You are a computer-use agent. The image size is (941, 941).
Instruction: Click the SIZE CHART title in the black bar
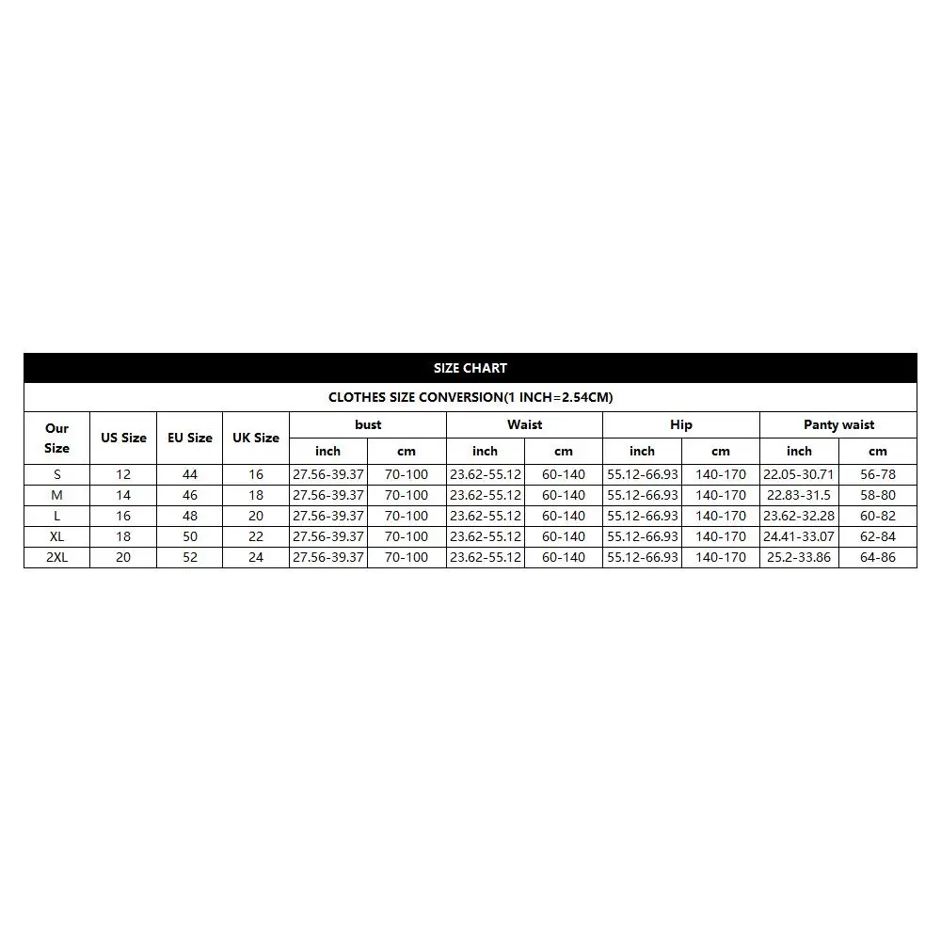pyautogui.click(x=470, y=368)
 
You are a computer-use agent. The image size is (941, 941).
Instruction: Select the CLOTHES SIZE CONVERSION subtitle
pyautogui.click(x=470, y=397)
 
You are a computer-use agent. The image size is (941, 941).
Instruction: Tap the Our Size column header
pyautogui.click(x=56, y=438)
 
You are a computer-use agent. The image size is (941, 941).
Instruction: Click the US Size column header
pyautogui.click(x=123, y=438)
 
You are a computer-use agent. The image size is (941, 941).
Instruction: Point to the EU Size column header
pyautogui.click(x=190, y=438)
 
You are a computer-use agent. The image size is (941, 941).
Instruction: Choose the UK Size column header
pyautogui.click(x=256, y=438)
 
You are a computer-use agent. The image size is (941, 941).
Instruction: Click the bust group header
pyautogui.click(x=368, y=424)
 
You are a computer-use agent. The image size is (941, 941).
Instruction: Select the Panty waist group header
pyautogui.click(x=838, y=424)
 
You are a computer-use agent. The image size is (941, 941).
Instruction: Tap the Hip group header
pyautogui.click(x=681, y=424)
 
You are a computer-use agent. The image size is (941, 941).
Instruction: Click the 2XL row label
pyautogui.click(x=56, y=557)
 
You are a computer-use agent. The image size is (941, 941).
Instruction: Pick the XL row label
pyautogui.click(x=56, y=536)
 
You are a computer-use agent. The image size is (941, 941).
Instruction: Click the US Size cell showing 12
pyautogui.click(x=123, y=474)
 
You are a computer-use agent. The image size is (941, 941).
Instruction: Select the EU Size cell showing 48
pyautogui.click(x=190, y=516)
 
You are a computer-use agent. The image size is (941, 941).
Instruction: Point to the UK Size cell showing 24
pyautogui.click(x=256, y=557)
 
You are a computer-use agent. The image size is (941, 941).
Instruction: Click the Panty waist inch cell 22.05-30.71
pyautogui.click(x=799, y=474)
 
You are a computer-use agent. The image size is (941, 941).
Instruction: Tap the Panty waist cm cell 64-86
pyautogui.click(x=878, y=557)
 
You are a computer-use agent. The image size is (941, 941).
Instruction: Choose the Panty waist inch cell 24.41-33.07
pyautogui.click(x=799, y=536)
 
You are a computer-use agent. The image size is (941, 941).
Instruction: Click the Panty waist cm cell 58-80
pyautogui.click(x=878, y=495)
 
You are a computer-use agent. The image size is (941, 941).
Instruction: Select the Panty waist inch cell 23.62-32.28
pyautogui.click(x=799, y=516)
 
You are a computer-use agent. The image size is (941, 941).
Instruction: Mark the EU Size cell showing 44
pyautogui.click(x=190, y=474)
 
